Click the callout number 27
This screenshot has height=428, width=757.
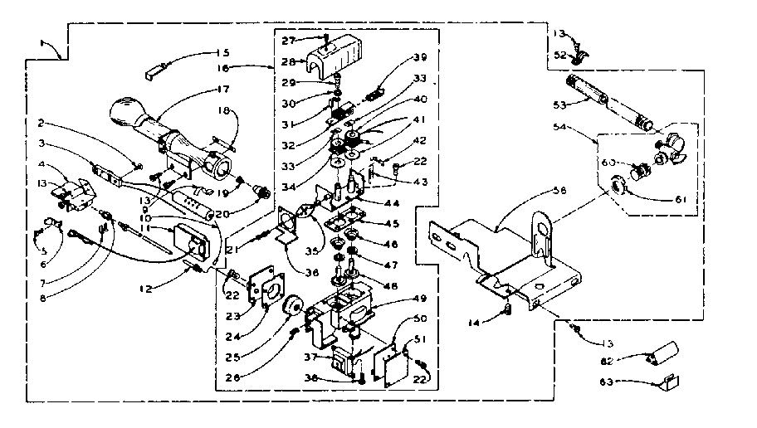[x=287, y=41]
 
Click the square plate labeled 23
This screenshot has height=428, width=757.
[x=266, y=285]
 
